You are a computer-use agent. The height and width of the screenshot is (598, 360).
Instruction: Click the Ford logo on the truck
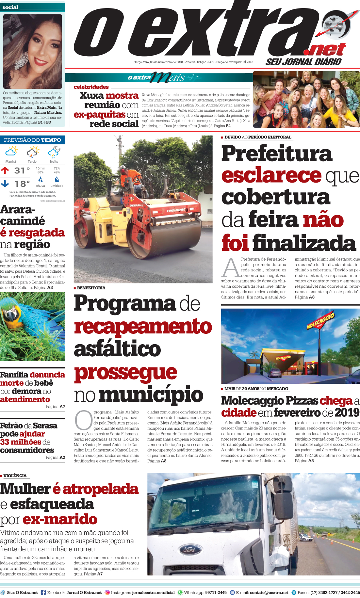189,550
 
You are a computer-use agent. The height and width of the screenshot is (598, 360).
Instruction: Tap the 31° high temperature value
22,170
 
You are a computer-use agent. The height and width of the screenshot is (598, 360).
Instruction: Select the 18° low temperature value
22,184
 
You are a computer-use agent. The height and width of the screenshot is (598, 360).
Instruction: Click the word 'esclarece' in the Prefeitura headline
271,175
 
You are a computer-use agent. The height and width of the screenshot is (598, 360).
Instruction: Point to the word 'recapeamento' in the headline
143,327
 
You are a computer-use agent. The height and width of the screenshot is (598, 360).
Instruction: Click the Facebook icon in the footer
43,592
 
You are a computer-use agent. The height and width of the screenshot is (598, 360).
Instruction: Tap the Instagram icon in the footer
107,592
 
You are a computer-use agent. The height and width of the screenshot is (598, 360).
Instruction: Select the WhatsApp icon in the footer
180,592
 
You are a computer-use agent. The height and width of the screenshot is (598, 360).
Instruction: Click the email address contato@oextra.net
269,592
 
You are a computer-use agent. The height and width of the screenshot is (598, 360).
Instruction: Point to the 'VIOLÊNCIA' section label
15,476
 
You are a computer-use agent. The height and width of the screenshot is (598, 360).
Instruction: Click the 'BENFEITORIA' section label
91,288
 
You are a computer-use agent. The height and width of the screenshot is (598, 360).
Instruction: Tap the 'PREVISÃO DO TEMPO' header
32,140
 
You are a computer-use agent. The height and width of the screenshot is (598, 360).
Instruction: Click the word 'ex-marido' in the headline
60,519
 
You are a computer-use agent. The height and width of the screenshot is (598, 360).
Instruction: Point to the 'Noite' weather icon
54,152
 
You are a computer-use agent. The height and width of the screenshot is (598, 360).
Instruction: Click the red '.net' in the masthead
324,50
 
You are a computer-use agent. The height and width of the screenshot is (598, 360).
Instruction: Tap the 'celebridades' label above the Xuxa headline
91,87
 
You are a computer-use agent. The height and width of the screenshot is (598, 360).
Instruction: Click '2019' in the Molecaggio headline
347,412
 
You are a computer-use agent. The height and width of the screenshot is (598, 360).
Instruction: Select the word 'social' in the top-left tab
10,7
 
